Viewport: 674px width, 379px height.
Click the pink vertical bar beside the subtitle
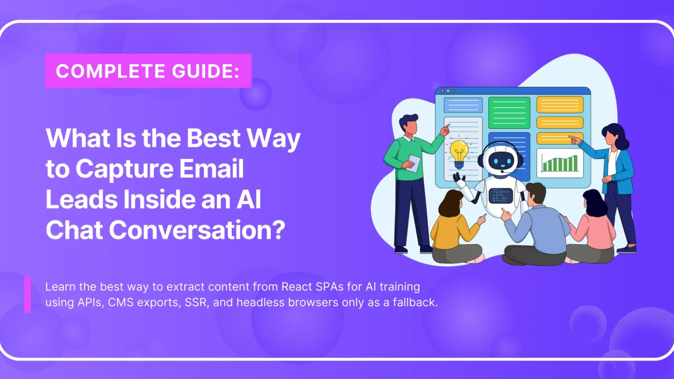27,295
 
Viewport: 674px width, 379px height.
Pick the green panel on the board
508,112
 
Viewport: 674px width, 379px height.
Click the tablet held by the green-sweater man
414,163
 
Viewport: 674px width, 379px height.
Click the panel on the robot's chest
500,196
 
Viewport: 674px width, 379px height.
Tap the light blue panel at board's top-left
463,105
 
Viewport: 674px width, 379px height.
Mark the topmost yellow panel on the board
560,104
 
